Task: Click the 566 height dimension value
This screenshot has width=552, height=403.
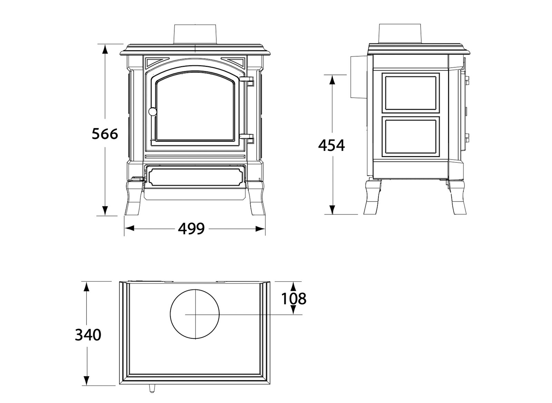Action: (x=105, y=134)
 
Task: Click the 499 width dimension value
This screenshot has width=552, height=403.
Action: (x=191, y=228)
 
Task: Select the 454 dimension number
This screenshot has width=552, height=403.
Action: (x=331, y=145)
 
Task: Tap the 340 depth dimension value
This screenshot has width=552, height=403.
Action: (x=88, y=335)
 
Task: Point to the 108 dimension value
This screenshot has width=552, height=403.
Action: (x=294, y=298)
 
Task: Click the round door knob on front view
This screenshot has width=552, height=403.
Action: (x=152, y=111)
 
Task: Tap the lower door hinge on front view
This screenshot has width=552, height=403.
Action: (x=247, y=137)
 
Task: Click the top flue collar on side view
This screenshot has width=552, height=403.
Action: (x=400, y=33)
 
